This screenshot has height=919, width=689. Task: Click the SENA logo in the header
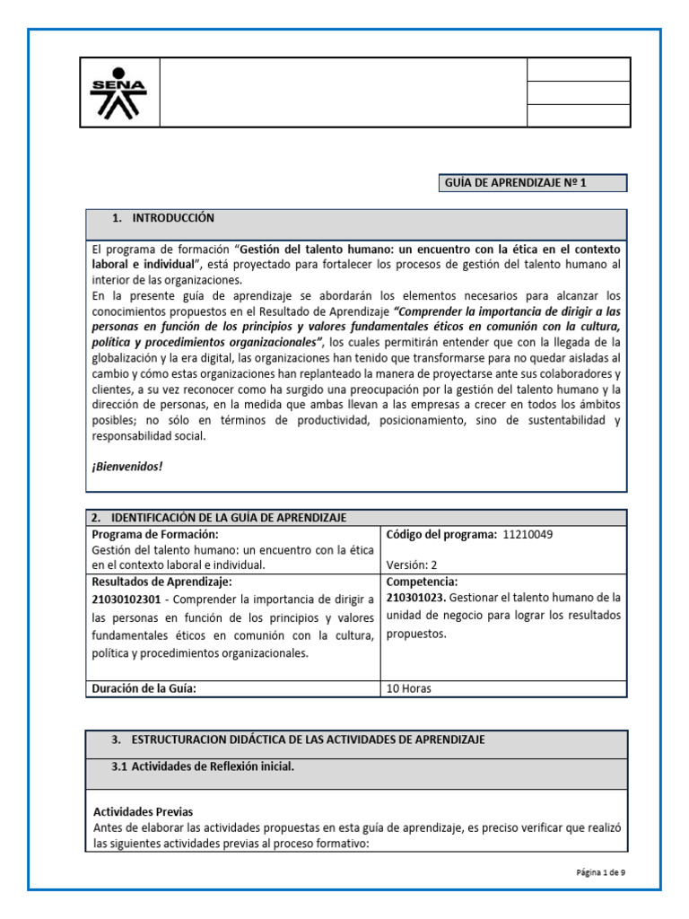pyautogui.click(x=119, y=92)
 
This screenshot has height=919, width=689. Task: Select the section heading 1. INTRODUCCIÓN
pyautogui.click(x=163, y=218)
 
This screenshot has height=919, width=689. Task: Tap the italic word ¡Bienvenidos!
pyautogui.click(x=127, y=467)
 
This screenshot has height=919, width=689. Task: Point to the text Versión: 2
pyautogui.click(x=412, y=565)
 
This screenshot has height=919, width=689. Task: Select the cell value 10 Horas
pyautogui.click(x=410, y=688)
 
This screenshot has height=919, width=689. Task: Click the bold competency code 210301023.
pyautogui.click(x=416, y=597)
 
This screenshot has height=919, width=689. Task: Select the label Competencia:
pyautogui.click(x=422, y=582)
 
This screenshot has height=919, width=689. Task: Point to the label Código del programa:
pyautogui.click(x=440, y=534)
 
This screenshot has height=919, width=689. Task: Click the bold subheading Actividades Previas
pyautogui.click(x=143, y=811)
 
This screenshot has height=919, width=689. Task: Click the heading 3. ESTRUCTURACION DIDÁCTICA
pyautogui.click(x=298, y=739)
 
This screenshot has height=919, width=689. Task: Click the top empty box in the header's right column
pyautogui.click(x=578, y=70)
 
